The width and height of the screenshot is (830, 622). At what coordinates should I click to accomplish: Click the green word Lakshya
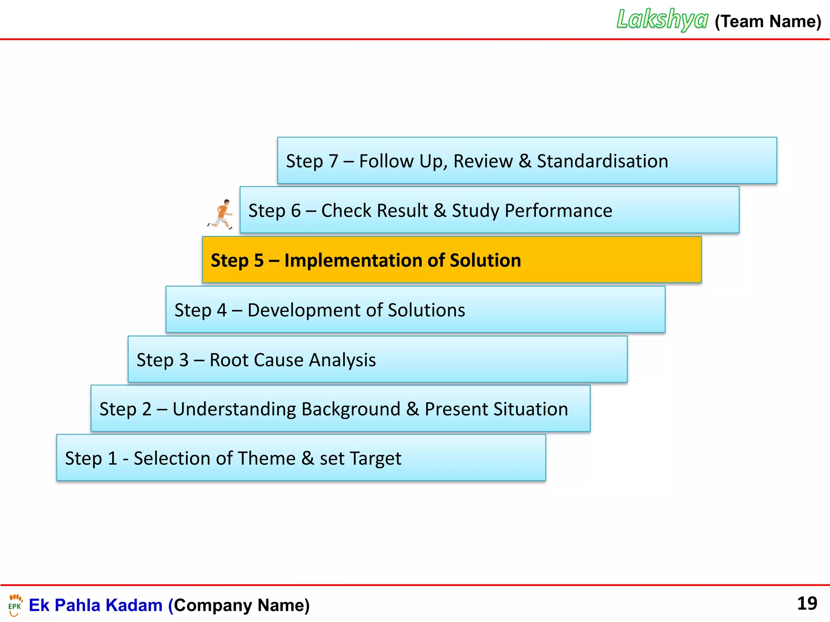tap(662, 19)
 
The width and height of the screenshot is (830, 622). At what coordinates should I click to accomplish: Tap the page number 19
tap(807, 603)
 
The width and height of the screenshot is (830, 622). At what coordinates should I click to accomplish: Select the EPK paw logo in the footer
tap(15, 605)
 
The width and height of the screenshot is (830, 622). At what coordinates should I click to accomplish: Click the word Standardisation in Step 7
tap(602, 161)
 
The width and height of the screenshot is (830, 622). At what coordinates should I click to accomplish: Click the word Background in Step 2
tap(351, 409)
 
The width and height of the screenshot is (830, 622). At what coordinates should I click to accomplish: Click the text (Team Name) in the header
tap(768, 21)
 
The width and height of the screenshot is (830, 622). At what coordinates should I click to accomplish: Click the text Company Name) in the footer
tap(242, 605)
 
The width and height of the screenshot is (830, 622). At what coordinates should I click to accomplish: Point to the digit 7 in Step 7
tap(333, 161)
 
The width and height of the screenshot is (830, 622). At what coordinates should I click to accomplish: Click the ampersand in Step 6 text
tap(440, 211)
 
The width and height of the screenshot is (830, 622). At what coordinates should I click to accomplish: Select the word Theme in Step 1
tap(266, 458)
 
